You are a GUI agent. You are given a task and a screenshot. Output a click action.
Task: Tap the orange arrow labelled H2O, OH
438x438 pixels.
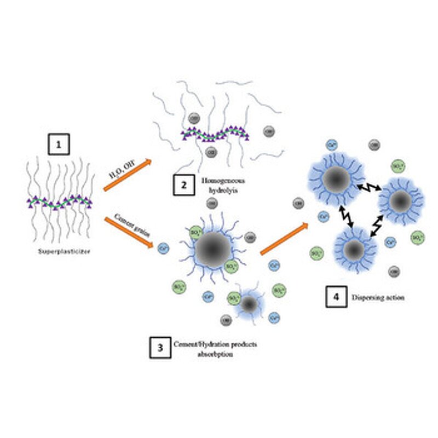tap(126, 175)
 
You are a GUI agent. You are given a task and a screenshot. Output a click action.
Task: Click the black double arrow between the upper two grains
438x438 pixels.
tap(366, 188)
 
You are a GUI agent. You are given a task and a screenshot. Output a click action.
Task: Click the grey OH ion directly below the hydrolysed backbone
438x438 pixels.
tap(211, 151)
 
